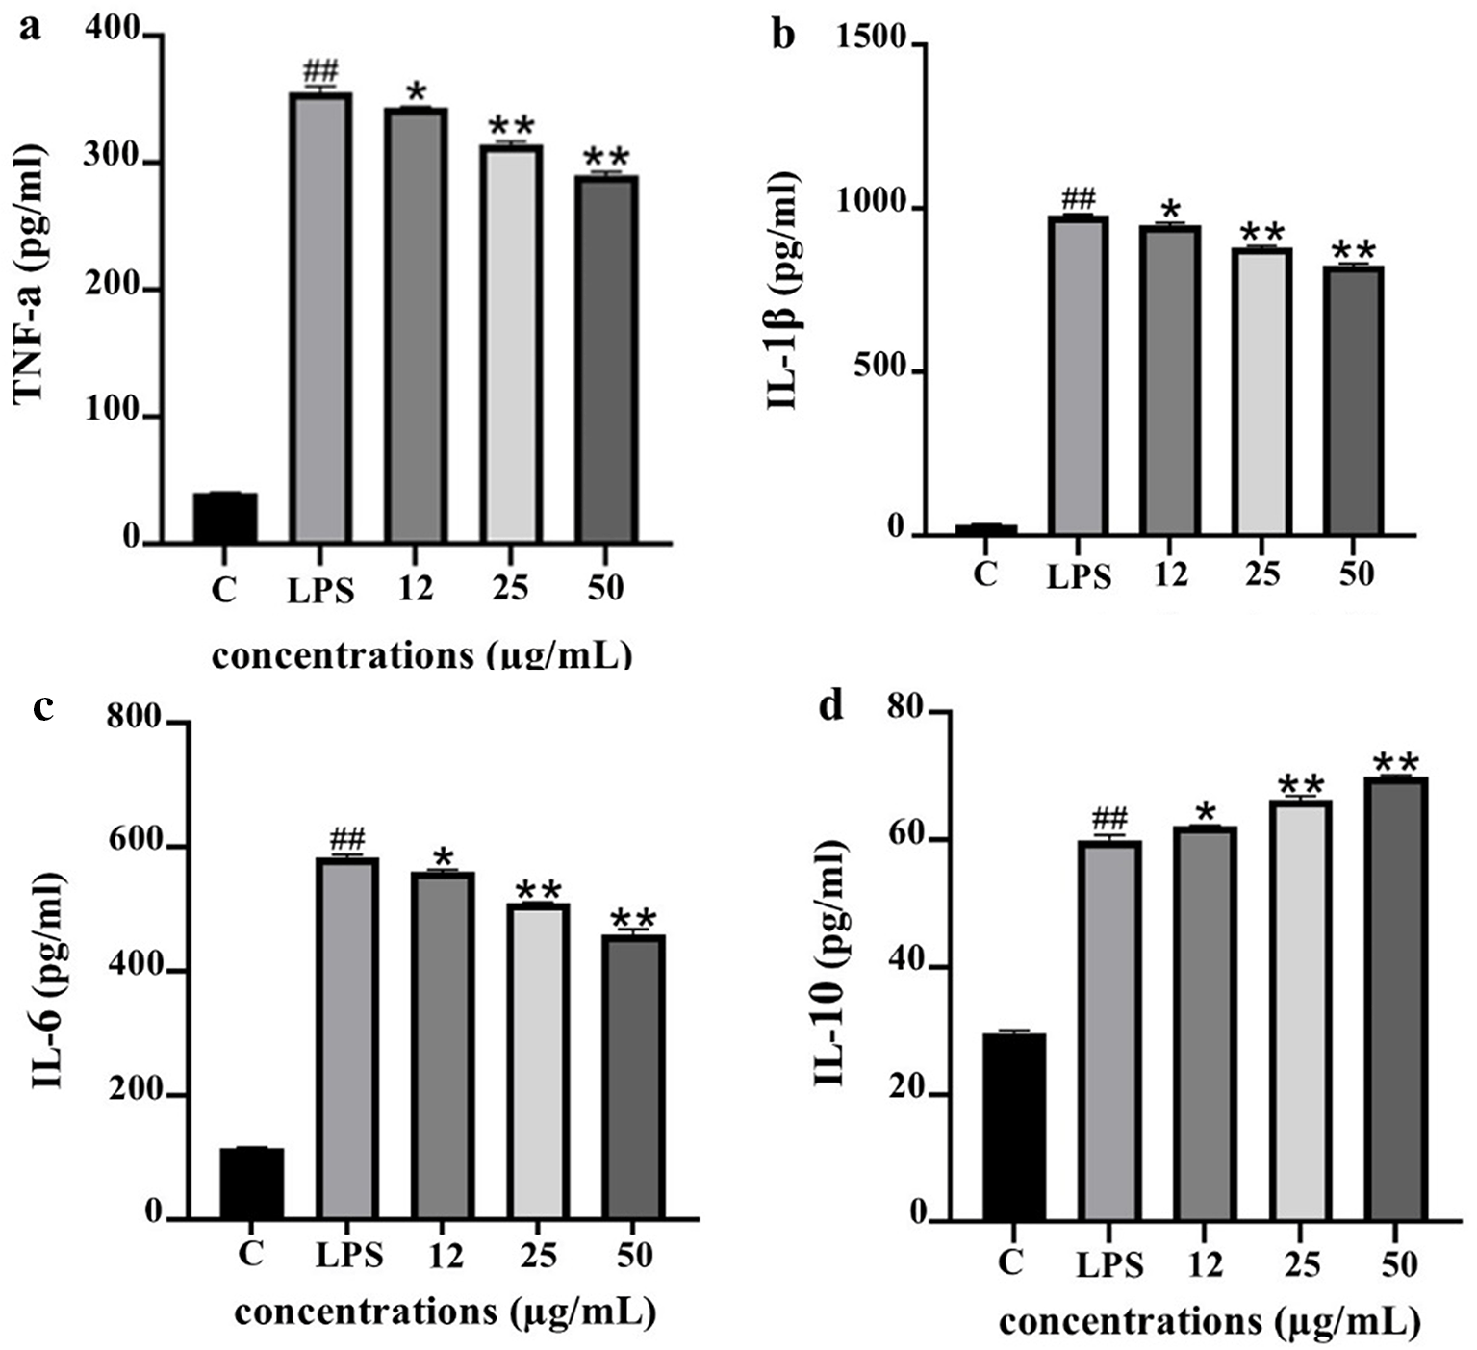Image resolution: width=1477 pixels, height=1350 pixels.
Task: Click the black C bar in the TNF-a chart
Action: [x=225, y=518]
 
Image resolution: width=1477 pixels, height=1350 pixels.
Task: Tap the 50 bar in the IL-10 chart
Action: [x=1394, y=998]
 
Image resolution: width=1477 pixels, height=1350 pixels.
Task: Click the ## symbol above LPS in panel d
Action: [x=1109, y=820]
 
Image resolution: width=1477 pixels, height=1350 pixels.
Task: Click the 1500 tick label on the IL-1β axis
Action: [x=871, y=39]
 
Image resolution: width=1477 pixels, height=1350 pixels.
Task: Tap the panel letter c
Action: [x=42, y=707]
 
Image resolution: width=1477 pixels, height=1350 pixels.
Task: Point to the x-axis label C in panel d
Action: [x=1010, y=1261]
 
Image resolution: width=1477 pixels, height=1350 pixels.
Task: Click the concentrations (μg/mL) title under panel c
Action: [x=445, y=1312]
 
